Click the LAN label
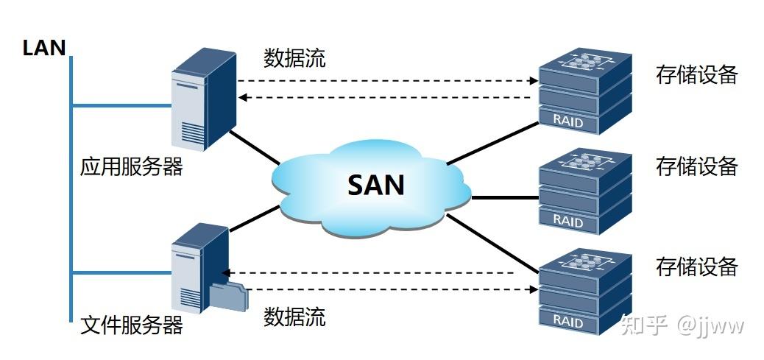pos(44,49)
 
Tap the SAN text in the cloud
pos(376,184)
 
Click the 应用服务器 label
pos(131,167)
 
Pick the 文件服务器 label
pos(131,325)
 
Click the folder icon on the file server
pos(229,296)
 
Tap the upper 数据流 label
pos(294,58)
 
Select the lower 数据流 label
pos(294,317)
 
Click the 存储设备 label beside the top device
pos(696,74)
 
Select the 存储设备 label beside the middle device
pos(696,167)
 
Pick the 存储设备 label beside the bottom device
pos(696,266)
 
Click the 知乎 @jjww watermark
pos(682,325)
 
